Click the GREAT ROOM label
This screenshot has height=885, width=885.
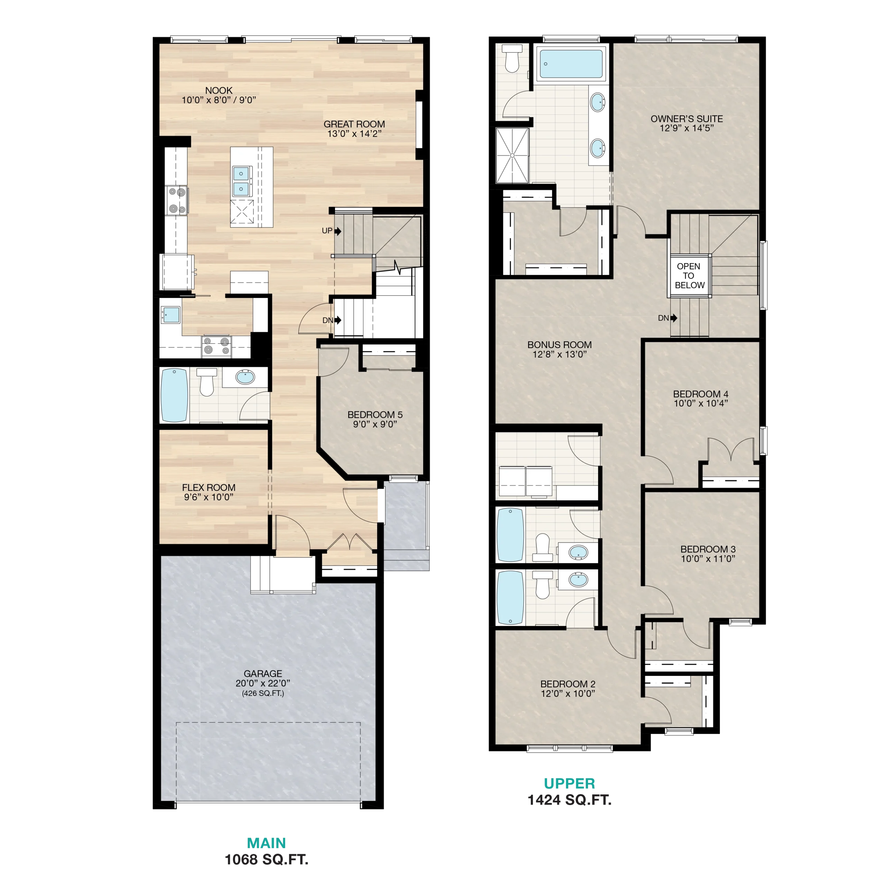(x=354, y=124)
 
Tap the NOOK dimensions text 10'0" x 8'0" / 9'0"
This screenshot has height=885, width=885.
(x=218, y=100)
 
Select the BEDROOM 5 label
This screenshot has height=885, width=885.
(x=375, y=414)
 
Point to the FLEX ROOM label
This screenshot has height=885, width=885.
(x=208, y=487)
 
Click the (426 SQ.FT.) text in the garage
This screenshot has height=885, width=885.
(x=263, y=693)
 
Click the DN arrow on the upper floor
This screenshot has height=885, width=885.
(x=674, y=318)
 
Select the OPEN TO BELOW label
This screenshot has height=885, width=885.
(x=689, y=276)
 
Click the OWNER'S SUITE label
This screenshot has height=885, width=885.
(x=687, y=119)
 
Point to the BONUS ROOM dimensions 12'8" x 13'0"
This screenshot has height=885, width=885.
(x=559, y=354)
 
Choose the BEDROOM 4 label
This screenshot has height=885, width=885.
(x=700, y=394)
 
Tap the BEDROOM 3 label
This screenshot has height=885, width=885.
(x=708, y=549)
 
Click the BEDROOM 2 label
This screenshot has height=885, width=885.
(x=568, y=684)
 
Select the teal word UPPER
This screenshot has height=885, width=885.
(x=569, y=784)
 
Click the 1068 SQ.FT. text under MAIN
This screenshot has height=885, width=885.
(x=267, y=859)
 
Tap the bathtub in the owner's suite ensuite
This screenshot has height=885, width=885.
(x=571, y=64)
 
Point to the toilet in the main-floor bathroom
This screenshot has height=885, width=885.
(x=207, y=382)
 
